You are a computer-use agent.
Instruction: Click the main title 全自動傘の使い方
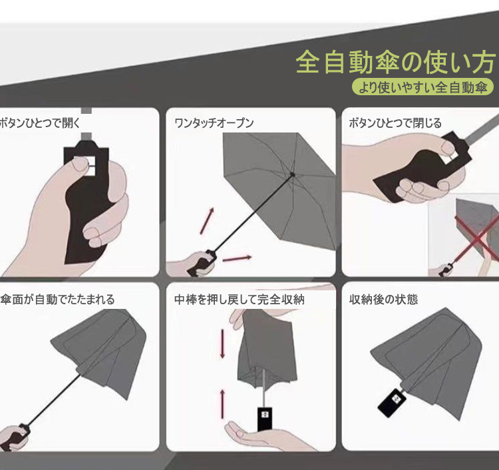click(396, 62)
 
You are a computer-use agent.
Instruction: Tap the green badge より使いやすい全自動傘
click(422, 87)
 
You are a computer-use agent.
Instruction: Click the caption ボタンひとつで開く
click(40, 122)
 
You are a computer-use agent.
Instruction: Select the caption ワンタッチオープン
click(214, 122)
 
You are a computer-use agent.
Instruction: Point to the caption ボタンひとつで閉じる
click(395, 122)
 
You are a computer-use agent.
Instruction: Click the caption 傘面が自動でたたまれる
click(57, 300)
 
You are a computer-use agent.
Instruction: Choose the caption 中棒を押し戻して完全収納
click(240, 300)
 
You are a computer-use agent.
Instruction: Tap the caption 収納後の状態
click(383, 300)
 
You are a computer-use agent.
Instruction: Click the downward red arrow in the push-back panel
click(222, 344)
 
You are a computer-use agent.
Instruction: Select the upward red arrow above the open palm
click(222, 404)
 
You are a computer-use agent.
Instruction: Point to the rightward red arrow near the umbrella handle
click(237, 258)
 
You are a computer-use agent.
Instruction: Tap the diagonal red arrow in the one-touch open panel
click(207, 220)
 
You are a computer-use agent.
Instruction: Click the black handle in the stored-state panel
click(392, 403)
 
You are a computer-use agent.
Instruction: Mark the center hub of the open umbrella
click(293, 174)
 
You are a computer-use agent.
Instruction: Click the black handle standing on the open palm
click(265, 419)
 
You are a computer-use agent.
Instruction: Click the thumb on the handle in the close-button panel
click(449, 147)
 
